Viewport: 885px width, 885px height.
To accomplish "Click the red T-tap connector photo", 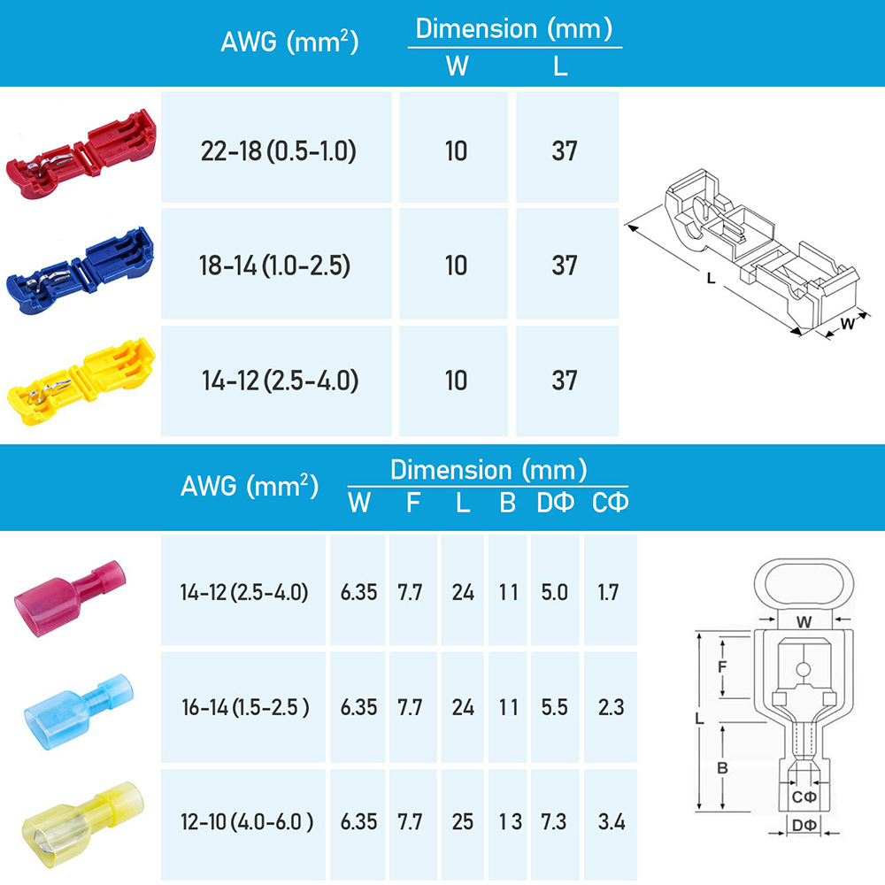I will (81, 153).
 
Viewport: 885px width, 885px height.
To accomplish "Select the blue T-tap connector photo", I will (81, 267).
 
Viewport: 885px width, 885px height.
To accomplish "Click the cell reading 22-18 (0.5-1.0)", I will (277, 151).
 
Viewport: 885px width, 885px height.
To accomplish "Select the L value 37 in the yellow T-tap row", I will (564, 381).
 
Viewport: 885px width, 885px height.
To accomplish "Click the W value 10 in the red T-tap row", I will (456, 151).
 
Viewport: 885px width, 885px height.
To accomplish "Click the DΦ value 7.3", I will (554, 821).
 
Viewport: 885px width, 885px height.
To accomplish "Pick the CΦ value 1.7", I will (608, 592).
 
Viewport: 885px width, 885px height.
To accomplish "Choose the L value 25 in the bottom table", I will (463, 821).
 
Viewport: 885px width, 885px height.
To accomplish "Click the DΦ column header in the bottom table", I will (555, 504).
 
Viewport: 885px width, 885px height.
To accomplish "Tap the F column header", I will (413, 504).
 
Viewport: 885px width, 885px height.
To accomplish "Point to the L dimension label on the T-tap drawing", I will (711, 277).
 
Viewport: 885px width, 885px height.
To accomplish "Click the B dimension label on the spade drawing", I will (722, 768).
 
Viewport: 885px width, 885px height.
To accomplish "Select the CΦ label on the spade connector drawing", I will (804, 796).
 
